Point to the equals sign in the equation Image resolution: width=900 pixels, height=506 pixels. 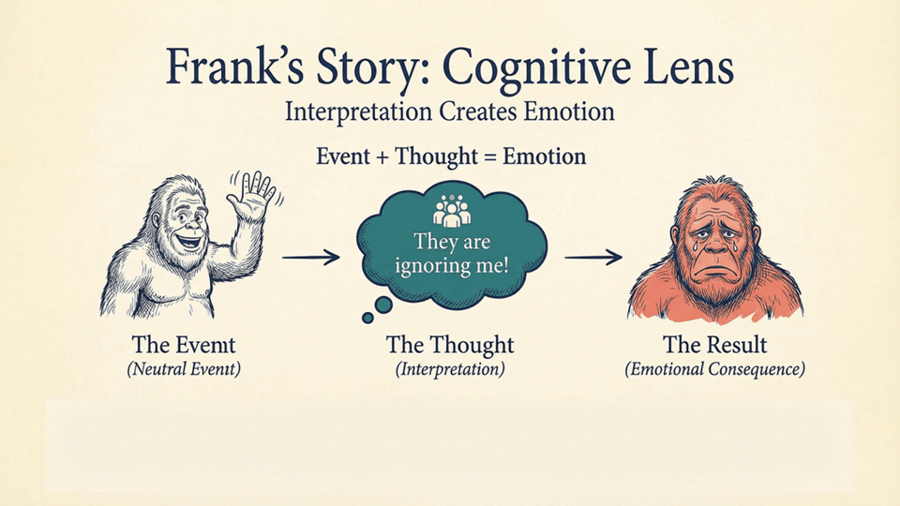tap(488, 156)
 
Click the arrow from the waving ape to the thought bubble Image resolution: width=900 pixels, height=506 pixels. tap(310, 256)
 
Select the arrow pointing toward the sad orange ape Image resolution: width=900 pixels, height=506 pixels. tap(592, 256)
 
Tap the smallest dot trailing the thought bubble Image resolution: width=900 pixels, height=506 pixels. tap(367, 318)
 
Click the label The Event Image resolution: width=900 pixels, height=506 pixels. tap(184, 344)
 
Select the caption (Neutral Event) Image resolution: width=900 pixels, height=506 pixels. tap(184, 369)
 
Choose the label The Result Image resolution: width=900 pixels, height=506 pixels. tap(714, 344)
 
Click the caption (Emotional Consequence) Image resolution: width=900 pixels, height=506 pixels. tap(714, 369)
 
